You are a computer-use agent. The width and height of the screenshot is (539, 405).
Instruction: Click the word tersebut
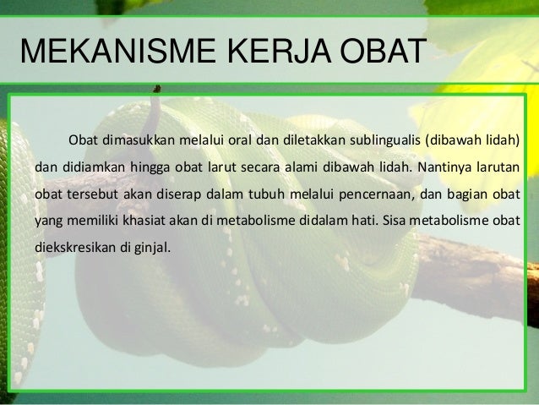[x=87, y=194]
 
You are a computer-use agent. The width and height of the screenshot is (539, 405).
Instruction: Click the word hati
[x=365, y=221]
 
